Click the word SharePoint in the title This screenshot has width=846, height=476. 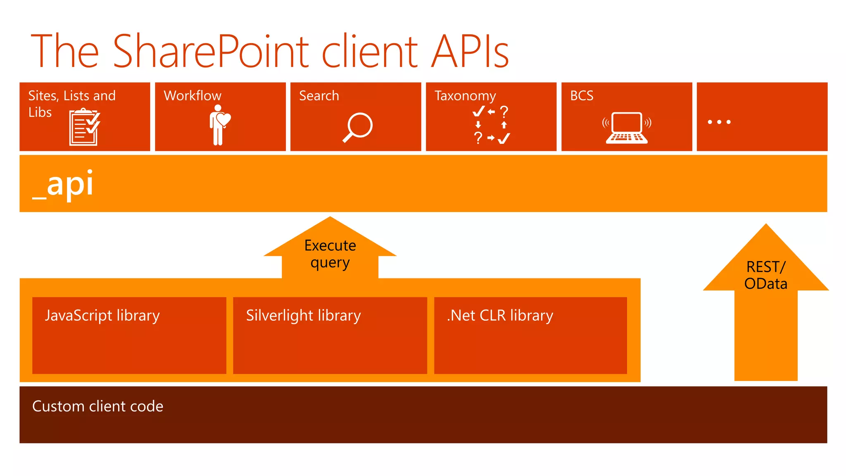(211, 52)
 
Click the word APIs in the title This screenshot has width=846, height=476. (470, 52)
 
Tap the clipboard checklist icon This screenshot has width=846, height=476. (85, 127)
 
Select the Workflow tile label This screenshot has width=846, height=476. (192, 96)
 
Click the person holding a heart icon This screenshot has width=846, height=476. (219, 124)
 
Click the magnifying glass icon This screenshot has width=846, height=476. (358, 127)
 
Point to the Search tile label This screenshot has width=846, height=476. (319, 96)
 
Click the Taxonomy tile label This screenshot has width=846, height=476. (465, 96)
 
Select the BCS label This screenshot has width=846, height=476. (582, 96)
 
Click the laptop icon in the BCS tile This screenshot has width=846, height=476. (627, 128)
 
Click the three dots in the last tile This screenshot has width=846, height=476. (719, 122)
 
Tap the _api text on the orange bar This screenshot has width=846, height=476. (63, 184)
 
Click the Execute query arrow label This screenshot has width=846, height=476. (330, 254)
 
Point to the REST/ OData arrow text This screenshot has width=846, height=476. (765, 275)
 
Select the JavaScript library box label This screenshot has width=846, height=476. (102, 316)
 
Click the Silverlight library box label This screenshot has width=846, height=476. (303, 316)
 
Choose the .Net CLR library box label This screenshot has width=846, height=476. (500, 316)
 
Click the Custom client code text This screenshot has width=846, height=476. (97, 407)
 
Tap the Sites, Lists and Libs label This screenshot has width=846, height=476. (71, 103)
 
